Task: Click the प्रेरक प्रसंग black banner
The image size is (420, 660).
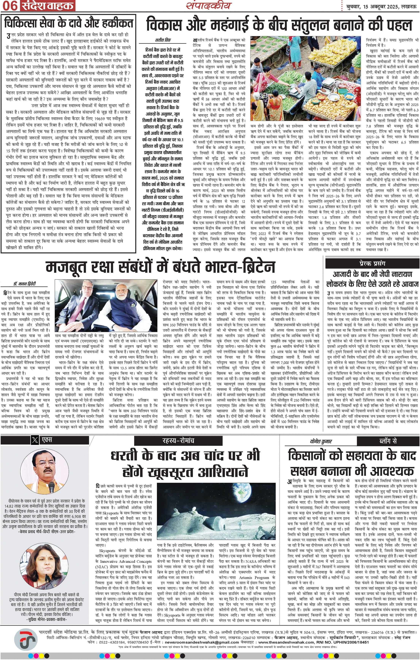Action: click(x=372, y=264)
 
